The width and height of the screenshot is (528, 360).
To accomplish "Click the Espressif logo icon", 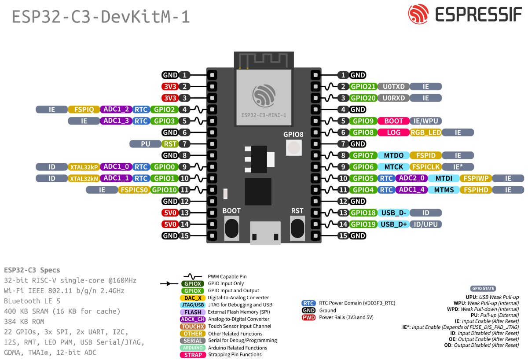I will pyautogui.click(x=418, y=15).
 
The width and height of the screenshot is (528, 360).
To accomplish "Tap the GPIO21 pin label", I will pyautogui.click(x=363, y=87).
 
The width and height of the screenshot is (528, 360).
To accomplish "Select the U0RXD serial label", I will pyautogui.click(x=394, y=98).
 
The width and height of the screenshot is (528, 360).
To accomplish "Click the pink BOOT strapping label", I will pyautogui.click(x=393, y=121).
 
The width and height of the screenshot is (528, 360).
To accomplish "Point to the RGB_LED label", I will pyautogui.click(x=425, y=132).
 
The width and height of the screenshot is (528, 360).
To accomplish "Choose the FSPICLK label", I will pyautogui.click(x=425, y=167).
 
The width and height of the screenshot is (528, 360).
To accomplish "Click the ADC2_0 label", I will pyautogui.click(x=411, y=178).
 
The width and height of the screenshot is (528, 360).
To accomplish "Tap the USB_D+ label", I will pyautogui.click(x=393, y=224).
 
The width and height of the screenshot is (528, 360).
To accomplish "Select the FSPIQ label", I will pyautogui.click(x=84, y=110).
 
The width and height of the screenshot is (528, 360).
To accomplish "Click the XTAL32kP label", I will pyautogui.click(x=84, y=167).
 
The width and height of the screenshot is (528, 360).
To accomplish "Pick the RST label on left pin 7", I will pyautogui.click(x=170, y=144).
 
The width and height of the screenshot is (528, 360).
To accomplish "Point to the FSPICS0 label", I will pyautogui.click(x=133, y=190).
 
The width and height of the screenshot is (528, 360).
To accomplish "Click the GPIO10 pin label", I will pyautogui.click(x=164, y=190).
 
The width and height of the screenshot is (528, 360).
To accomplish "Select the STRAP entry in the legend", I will pyautogui.click(x=193, y=355).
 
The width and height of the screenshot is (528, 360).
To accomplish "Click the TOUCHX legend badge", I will pyautogui.click(x=193, y=326).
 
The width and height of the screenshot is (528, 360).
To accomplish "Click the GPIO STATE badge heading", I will pyautogui.click(x=483, y=289).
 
